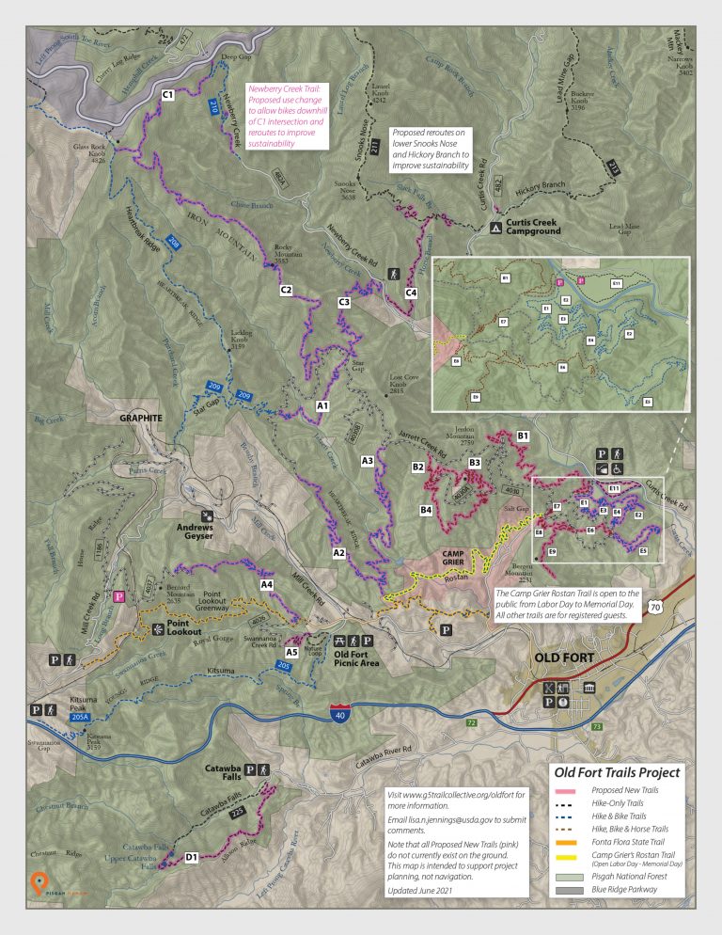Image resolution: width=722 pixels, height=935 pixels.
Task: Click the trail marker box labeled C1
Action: [168, 94]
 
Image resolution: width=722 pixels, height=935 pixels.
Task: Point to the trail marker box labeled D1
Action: [191, 857]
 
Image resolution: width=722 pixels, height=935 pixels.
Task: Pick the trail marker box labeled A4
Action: [266, 585]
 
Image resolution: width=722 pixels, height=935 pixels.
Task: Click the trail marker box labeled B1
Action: [524, 436]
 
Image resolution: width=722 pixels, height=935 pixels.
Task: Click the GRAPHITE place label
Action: [140, 418]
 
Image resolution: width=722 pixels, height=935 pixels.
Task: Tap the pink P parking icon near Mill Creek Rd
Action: [119, 596]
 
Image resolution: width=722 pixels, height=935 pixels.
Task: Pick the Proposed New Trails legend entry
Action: [625, 792]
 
